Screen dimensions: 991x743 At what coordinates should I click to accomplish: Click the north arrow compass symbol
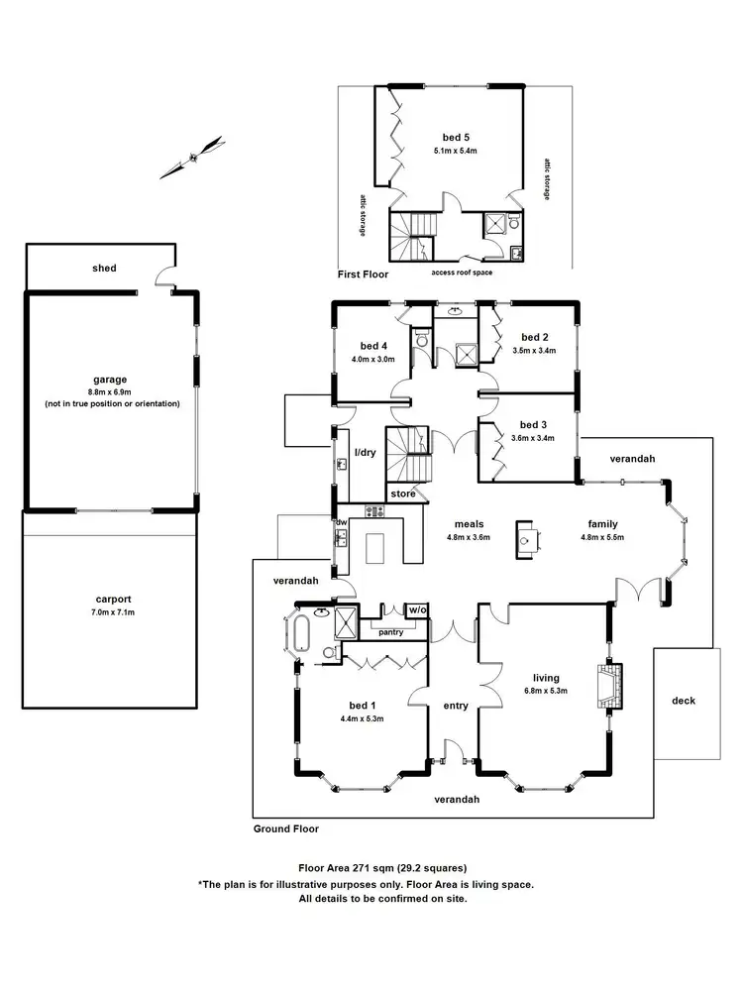point(193,157)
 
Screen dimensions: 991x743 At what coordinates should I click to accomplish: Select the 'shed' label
point(104,268)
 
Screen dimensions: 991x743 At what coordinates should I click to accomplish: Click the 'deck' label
point(683,701)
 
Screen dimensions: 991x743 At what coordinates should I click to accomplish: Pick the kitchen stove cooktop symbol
point(375,511)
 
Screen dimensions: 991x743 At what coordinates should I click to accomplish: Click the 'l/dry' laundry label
point(366,452)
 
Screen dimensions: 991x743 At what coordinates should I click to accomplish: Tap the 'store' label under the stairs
point(403,493)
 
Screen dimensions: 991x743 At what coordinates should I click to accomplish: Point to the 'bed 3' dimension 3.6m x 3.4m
point(533,438)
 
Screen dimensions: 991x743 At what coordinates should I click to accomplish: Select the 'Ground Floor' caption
point(285,828)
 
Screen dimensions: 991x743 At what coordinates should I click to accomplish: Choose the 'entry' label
point(456,706)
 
